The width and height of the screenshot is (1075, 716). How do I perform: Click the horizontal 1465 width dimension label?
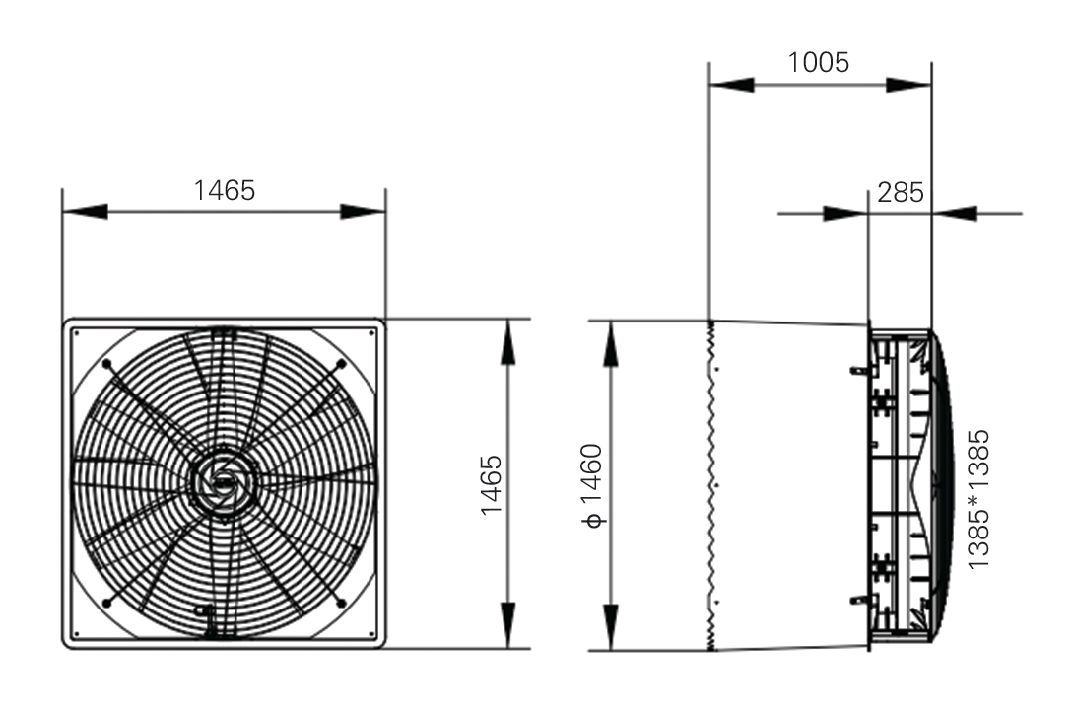tap(225, 191)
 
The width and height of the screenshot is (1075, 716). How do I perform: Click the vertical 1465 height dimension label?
tap(492, 484)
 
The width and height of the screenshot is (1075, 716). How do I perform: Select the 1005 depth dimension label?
tap(819, 62)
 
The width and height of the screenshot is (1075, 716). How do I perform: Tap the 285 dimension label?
tap(901, 193)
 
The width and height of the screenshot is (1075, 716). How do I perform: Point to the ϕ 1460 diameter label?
tap(591, 486)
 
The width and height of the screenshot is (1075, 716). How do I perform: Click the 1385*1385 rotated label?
tap(978, 499)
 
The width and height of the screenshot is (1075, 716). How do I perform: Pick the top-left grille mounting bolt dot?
tap(106, 364)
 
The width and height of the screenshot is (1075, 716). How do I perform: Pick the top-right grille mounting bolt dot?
tap(342, 364)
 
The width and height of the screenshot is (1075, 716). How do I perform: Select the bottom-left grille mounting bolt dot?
tap(106, 604)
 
